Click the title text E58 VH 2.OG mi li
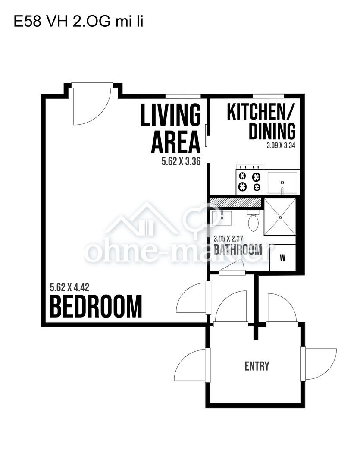pos(78,22)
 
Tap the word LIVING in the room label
pos(171,115)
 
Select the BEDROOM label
pos(96,306)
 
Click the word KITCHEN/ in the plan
pos(261,112)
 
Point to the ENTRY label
pos(257,366)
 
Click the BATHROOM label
pos(238,250)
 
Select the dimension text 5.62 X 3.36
pos(181,161)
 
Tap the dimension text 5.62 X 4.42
pos(69,287)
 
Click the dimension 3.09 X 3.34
pos(281,146)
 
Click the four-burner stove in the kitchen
pos(250,180)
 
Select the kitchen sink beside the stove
pos(282,182)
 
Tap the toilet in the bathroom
pos(253,221)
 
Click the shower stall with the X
pos(280,217)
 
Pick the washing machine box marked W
pos(282,258)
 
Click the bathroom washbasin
pos(222,218)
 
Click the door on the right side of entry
pos(319,364)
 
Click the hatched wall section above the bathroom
pos(235,202)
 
